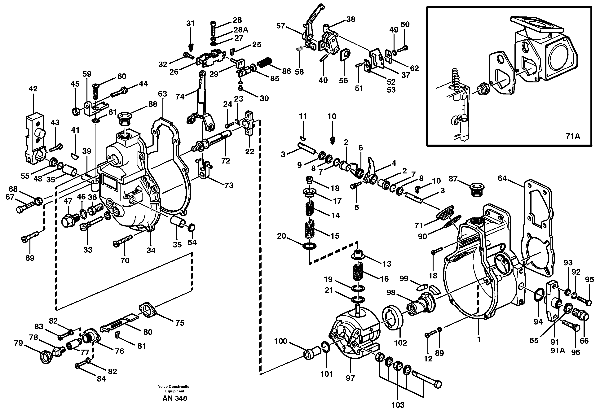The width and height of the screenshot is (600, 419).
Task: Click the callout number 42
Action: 33,89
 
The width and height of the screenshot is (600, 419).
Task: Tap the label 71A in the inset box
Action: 573,136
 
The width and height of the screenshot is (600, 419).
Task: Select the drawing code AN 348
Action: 174,398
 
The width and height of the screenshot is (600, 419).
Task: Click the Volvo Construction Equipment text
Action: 174,389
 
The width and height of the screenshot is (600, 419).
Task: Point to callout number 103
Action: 398,405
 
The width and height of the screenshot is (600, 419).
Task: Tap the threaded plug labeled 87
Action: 476,188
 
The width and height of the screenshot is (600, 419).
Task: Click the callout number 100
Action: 281,341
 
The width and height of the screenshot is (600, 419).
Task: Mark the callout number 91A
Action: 558,351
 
